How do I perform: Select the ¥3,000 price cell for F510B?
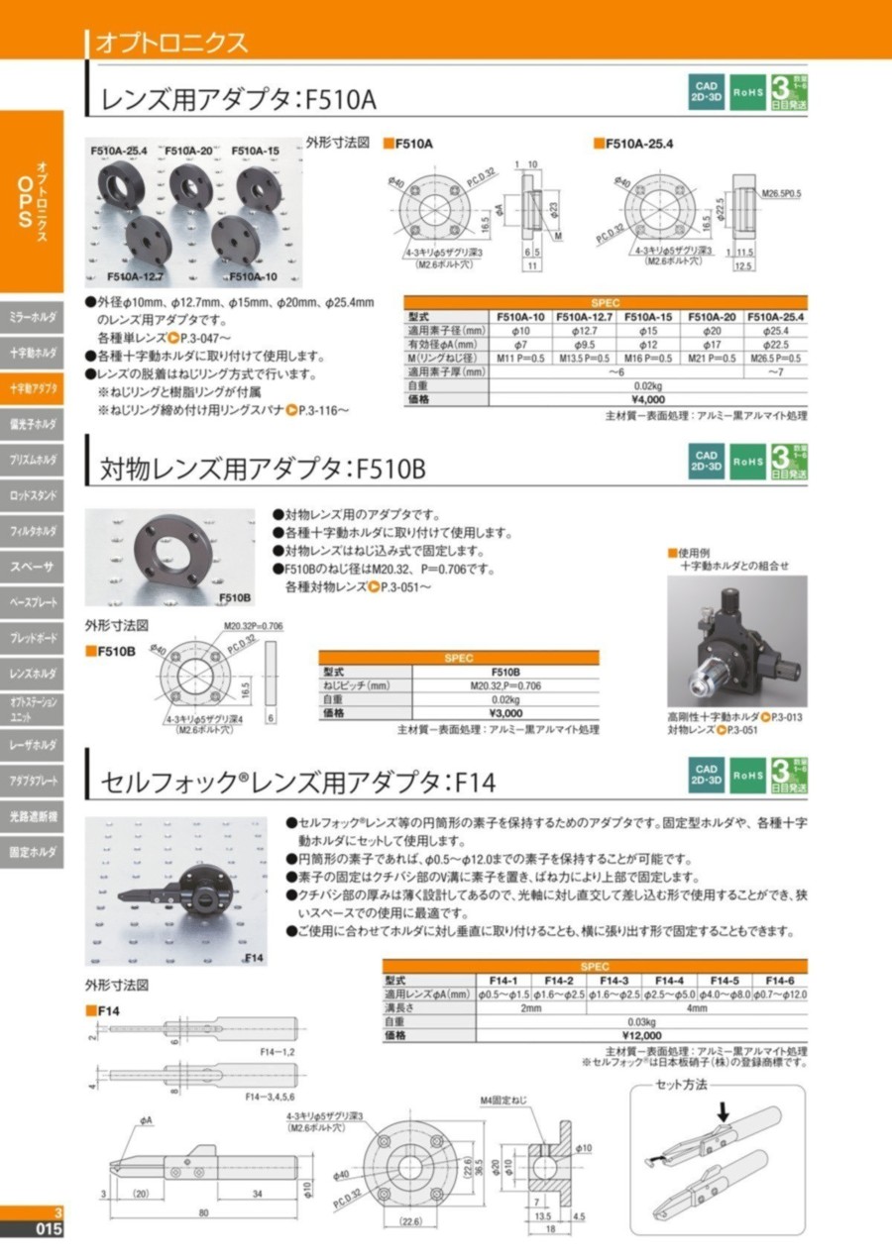(505, 712)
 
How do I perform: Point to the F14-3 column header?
(614, 980)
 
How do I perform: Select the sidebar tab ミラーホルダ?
(32, 317)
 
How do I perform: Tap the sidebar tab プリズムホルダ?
(32, 460)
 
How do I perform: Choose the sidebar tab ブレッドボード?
(32, 638)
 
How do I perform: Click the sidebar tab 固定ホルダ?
(32, 852)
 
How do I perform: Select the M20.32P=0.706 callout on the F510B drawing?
(253, 626)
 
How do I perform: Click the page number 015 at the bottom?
(48, 1230)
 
